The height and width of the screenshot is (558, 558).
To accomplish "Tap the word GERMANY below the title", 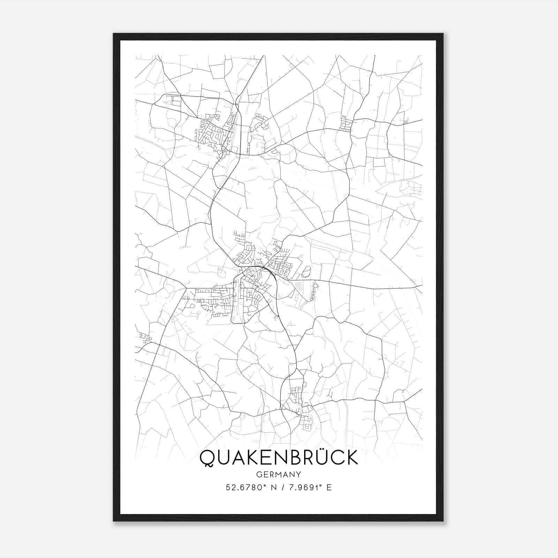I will point(278,474).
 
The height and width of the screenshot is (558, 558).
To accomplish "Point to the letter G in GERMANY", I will point(259,474).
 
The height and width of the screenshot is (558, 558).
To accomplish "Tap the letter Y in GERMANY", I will point(299,474).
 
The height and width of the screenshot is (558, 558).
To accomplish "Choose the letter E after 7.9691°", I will point(329,487).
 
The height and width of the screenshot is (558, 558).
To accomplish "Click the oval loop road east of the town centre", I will point(306,271).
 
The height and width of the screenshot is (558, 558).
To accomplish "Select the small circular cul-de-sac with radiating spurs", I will point(316,286).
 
